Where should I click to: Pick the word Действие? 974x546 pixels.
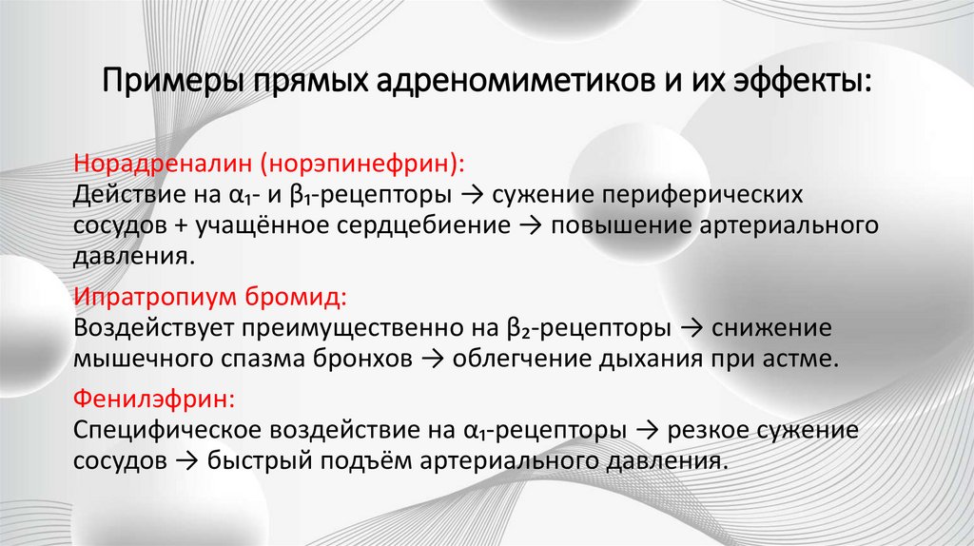121,196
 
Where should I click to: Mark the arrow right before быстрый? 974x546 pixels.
178,460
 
